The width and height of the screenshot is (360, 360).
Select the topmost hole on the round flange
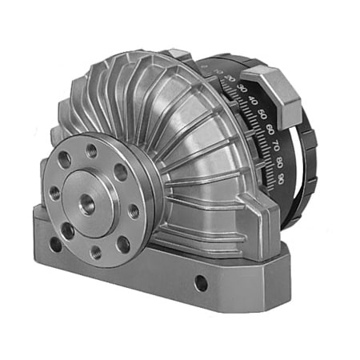click(x=90, y=149)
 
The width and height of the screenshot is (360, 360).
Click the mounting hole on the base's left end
click(x=54, y=243)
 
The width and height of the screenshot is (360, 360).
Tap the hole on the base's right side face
click(x=201, y=283)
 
